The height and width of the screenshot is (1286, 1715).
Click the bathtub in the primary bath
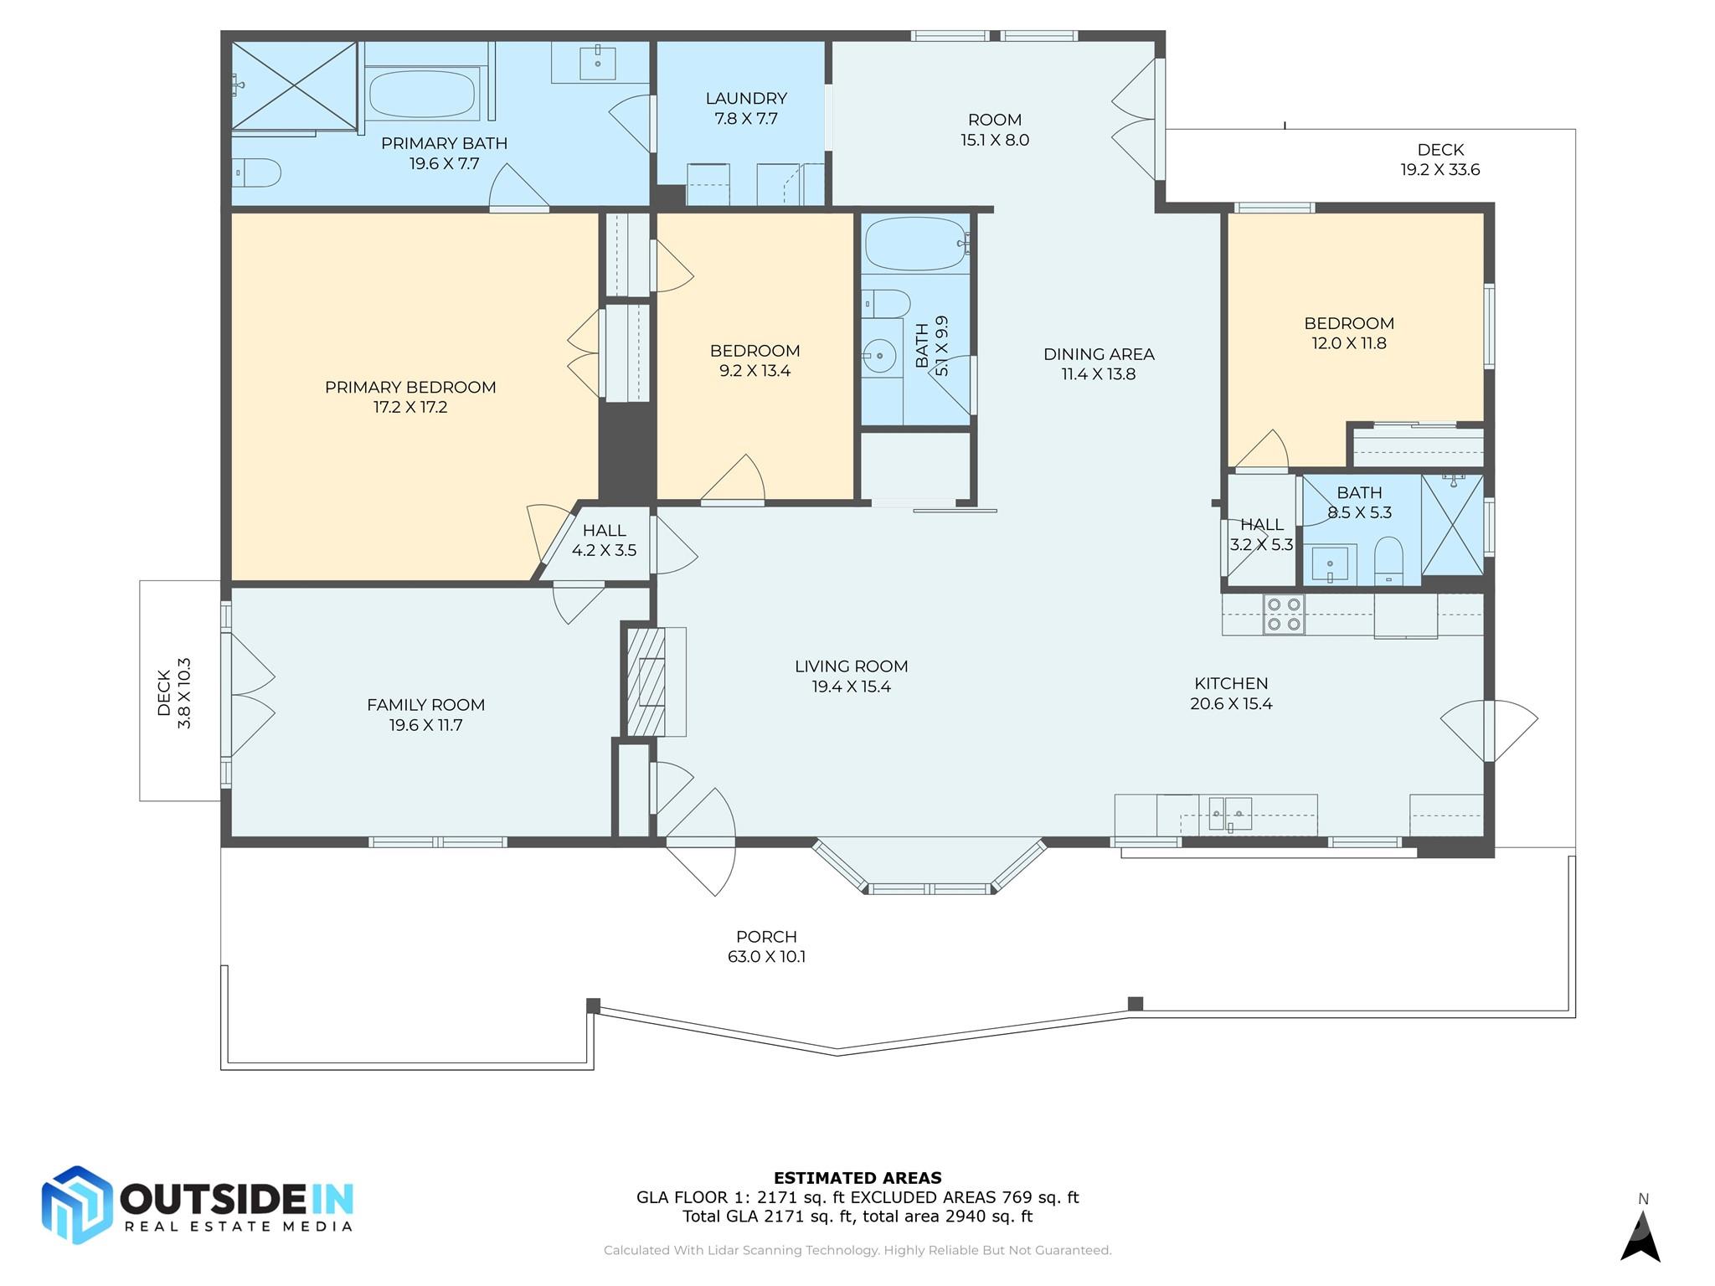(x=422, y=94)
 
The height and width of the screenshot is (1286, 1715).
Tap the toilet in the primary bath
(x=256, y=172)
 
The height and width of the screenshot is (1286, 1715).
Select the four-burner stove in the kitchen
(x=1284, y=614)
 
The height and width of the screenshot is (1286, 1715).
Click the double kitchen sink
(x=1230, y=814)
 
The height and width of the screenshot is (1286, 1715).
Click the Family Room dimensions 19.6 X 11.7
(x=425, y=725)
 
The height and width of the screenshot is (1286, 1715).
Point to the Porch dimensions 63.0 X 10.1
(x=766, y=956)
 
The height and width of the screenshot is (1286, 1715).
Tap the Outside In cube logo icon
(x=77, y=1205)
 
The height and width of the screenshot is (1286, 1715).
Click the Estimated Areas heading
(x=857, y=1177)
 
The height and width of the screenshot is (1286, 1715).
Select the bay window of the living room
(x=930, y=867)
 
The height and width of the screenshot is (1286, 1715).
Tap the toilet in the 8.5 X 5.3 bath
(x=1388, y=560)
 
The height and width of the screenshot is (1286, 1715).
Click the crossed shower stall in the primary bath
(x=294, y=86)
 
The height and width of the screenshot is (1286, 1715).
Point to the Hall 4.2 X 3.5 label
(x=604, y=540)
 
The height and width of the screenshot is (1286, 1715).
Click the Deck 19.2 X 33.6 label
(x=1440, y=159)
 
